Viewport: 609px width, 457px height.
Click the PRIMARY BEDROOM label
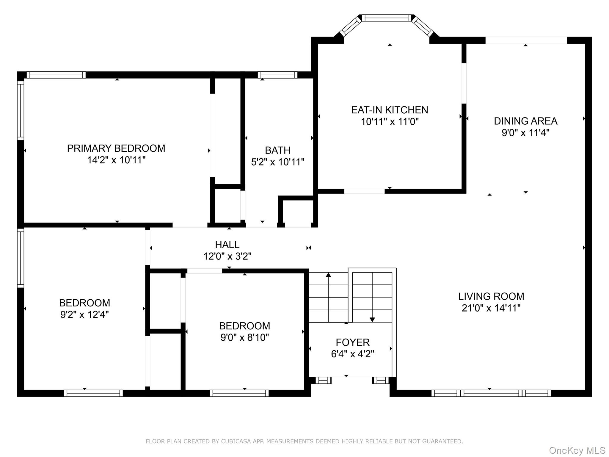point(116,148)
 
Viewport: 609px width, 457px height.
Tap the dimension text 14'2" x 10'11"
point(116,160)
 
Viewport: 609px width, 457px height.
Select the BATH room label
point(277,150)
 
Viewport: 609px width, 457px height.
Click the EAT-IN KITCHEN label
point(390,110)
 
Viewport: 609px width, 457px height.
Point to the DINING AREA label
point(525,121)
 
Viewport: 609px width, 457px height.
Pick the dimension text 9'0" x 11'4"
point(525,133)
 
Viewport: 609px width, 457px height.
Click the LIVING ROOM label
point(491,296)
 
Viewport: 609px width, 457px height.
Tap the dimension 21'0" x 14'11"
point(491,308)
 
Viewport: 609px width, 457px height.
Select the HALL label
point(227,245)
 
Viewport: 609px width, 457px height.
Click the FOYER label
point(353,342)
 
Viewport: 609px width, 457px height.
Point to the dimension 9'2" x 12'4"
point(84,314)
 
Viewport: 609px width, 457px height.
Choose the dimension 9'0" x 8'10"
point(244,337)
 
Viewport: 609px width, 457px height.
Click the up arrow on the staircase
point(328,275)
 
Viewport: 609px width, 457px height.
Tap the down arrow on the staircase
point(372,320)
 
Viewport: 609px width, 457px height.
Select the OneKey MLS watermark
point(577,450)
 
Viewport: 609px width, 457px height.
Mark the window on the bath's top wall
point(277,75)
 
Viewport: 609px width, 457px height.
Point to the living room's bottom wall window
point(491,393)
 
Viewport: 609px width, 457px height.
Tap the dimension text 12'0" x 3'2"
point(227,256)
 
